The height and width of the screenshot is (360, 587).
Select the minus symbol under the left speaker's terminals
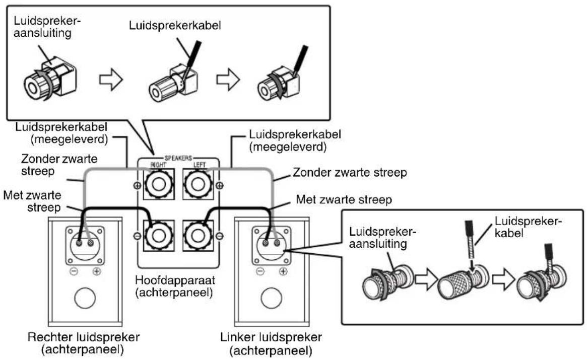260,270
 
